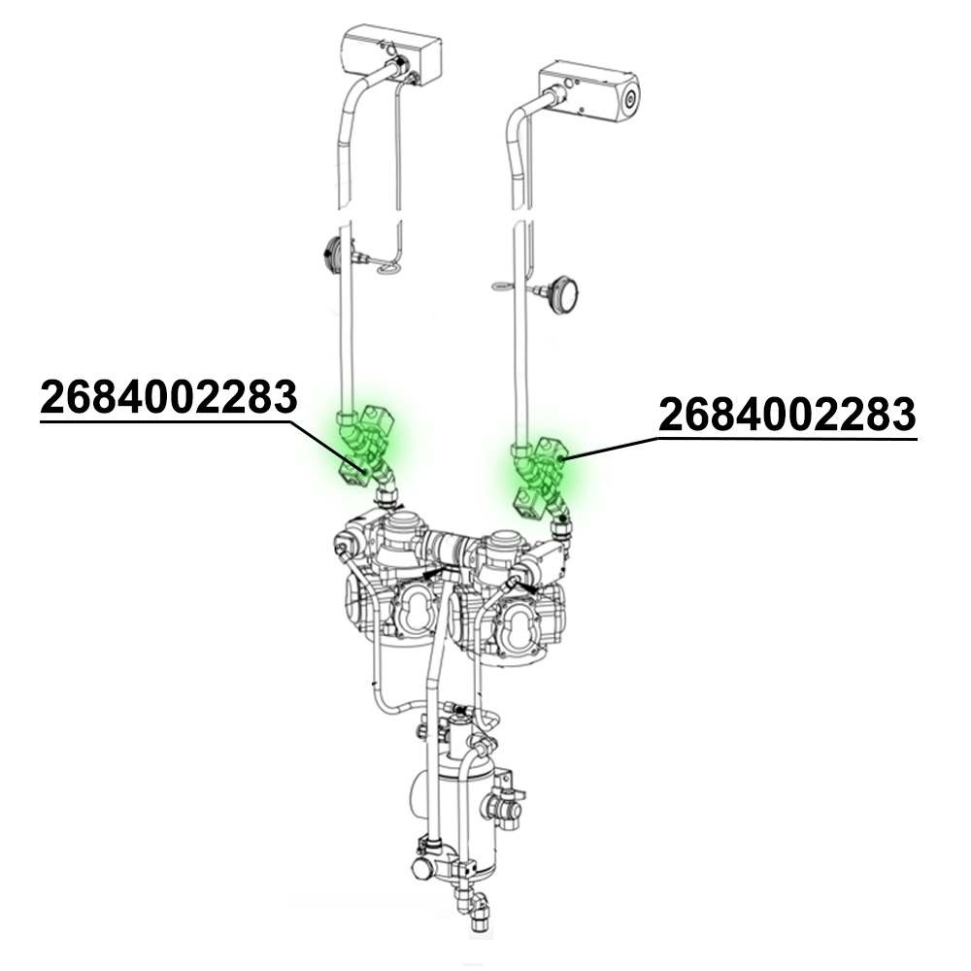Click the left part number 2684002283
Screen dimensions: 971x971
pyautogui.click(x=168, y=397)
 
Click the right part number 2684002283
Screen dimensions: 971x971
pyautogui.click(x=787, y=416)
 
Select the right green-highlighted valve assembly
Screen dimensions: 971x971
pyautogui.click(x=540, y=474)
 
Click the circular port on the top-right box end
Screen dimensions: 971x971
pyautogui.click(x=631, y=98)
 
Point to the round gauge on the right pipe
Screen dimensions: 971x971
pyautogui.click(x=564, y=292)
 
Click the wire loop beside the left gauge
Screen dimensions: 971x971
pyautogui.click(x=387, y=267)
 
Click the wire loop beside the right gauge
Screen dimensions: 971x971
pyautogui.click(x=503, y=285)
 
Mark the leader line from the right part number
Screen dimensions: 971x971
pyautogui.click(x=612, y=448)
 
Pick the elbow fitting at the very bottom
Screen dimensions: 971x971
pyautogui.click(x=478, y=911)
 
